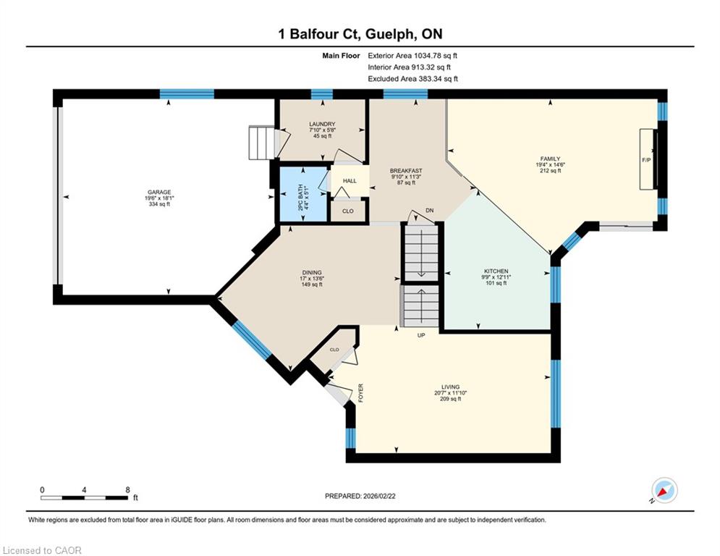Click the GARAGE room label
tap(159, 192)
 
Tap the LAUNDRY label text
tap(322, 124)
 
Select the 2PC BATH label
tap(300, 198)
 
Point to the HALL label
tap(350, 181)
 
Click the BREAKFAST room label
tap(406, 171)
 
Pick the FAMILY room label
tap(550, 159)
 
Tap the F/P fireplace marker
tap(646, 160)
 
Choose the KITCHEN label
tap(496, 271)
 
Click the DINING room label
tap(312, 272)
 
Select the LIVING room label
tap(451, 387)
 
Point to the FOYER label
tap(360, 393)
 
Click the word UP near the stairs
tap(421, 335)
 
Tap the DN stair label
tap(429, 211)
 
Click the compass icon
tap(664, 491)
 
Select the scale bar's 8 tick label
tap(127, 490)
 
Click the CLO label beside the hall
tap(348, 211)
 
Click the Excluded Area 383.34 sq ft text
tap(412, 79)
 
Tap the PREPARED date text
tap(360, 496)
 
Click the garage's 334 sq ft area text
tap(159, 204)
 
